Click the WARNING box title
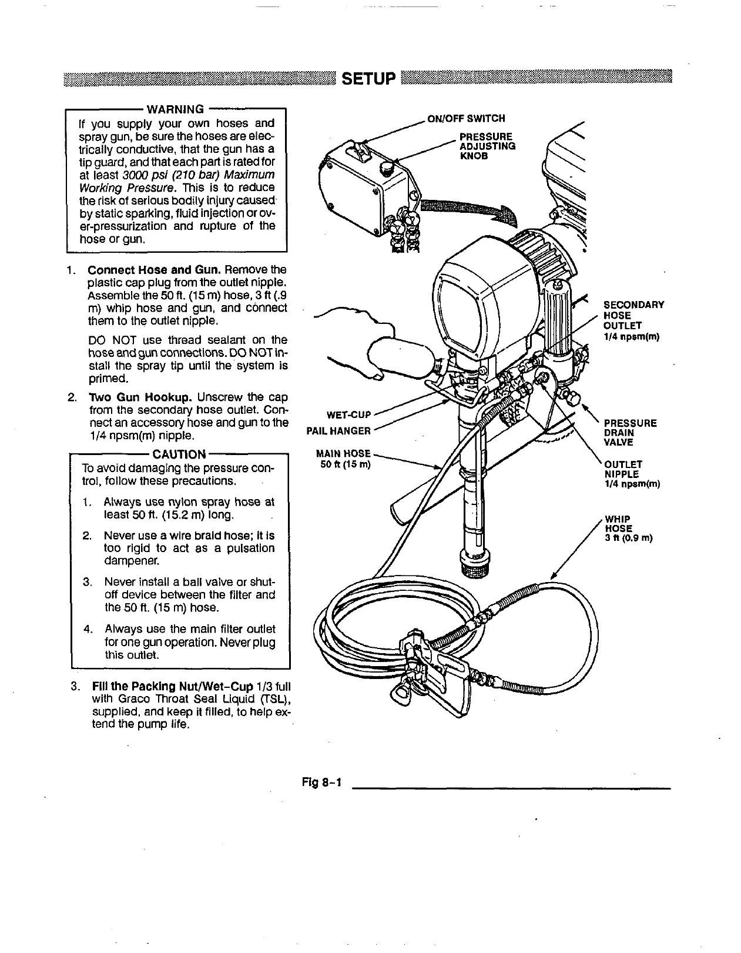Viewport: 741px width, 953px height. coord(175,109)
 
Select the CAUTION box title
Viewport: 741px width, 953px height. coord(179,454)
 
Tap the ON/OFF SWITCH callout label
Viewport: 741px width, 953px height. coord(466,119)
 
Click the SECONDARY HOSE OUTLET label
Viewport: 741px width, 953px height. coord(633,320)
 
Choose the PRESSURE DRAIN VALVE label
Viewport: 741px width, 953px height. coord(630,432)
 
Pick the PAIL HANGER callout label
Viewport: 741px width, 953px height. coord(339,431)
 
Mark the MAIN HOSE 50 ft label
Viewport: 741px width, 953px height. coord(344,459)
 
